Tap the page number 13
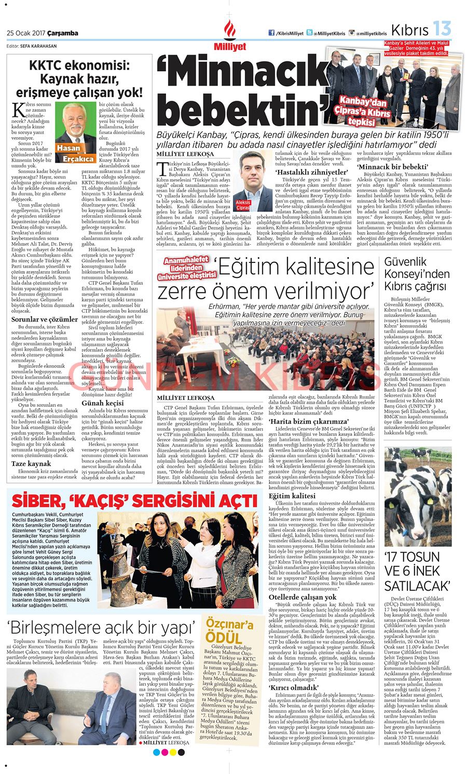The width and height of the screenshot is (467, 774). (x=442, y=30)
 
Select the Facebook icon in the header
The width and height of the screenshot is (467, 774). (x=271, y=33)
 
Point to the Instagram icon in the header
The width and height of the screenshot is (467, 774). (x=351, y=33)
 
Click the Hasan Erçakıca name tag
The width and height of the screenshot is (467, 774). (x=75, y=154)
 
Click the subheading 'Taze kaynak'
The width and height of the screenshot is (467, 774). (x=31, y=463)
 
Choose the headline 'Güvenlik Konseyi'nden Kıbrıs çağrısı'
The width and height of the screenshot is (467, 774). (x=417, y=274)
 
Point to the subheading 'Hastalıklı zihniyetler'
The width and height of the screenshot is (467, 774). (x=303, y=171)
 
